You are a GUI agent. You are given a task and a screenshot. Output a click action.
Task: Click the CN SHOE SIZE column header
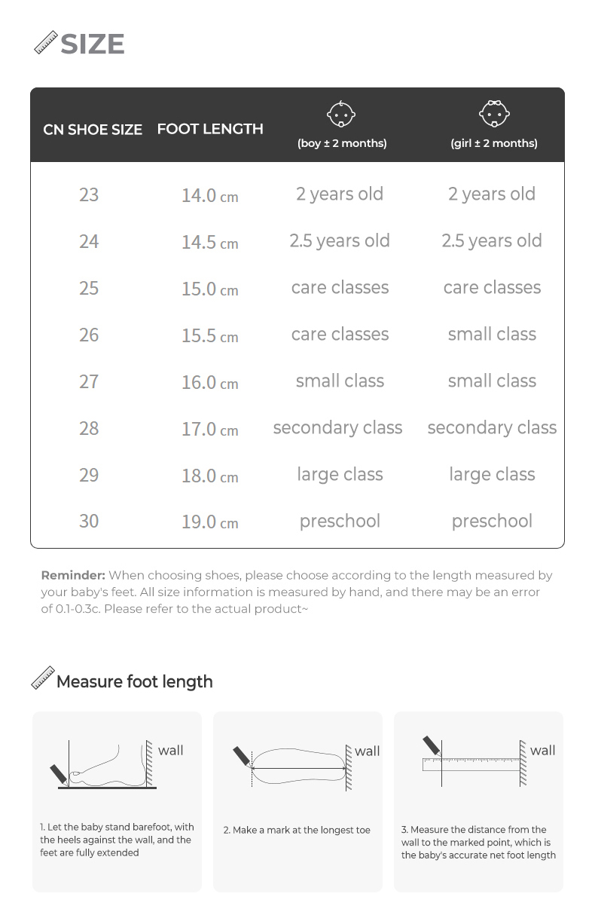tap(93, 130)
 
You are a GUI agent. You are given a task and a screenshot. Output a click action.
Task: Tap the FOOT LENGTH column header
tap(210, 129)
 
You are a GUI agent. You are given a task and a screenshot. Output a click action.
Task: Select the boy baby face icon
tap(340, 114)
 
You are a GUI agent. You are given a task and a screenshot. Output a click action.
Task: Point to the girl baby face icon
tap(494, 114)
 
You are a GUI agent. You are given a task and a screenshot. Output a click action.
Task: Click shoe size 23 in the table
tap(89, 194)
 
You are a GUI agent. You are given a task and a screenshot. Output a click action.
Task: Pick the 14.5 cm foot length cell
tap(209, 242)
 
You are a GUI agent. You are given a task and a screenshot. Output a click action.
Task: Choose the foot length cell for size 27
tap(209, 382)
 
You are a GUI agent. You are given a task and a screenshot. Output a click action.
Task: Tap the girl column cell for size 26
tap(492, 334)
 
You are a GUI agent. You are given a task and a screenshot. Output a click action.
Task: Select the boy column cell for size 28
tap(337, 428)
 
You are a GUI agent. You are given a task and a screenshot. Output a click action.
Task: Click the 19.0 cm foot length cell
tap(209, 522)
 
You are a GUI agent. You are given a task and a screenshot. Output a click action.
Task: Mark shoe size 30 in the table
tap(89, 521)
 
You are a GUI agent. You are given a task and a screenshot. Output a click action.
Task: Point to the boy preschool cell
tap(340, 521)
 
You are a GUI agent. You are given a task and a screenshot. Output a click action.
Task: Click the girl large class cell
tap(492, 474)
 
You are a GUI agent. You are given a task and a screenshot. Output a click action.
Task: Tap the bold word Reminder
tap(72, 575)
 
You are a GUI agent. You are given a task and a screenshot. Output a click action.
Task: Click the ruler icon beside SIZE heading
tap(46, 42)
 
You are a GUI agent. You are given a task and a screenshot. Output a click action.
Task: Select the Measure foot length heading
tap(135, 681)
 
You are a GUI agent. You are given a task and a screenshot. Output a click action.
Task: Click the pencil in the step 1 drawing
tap(59, 774)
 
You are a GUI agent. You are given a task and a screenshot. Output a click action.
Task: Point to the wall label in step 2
tap(368, 751)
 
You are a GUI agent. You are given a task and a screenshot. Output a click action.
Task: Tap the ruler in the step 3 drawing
tap(471, 764)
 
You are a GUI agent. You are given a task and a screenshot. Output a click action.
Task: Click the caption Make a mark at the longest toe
tap(297, 830)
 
